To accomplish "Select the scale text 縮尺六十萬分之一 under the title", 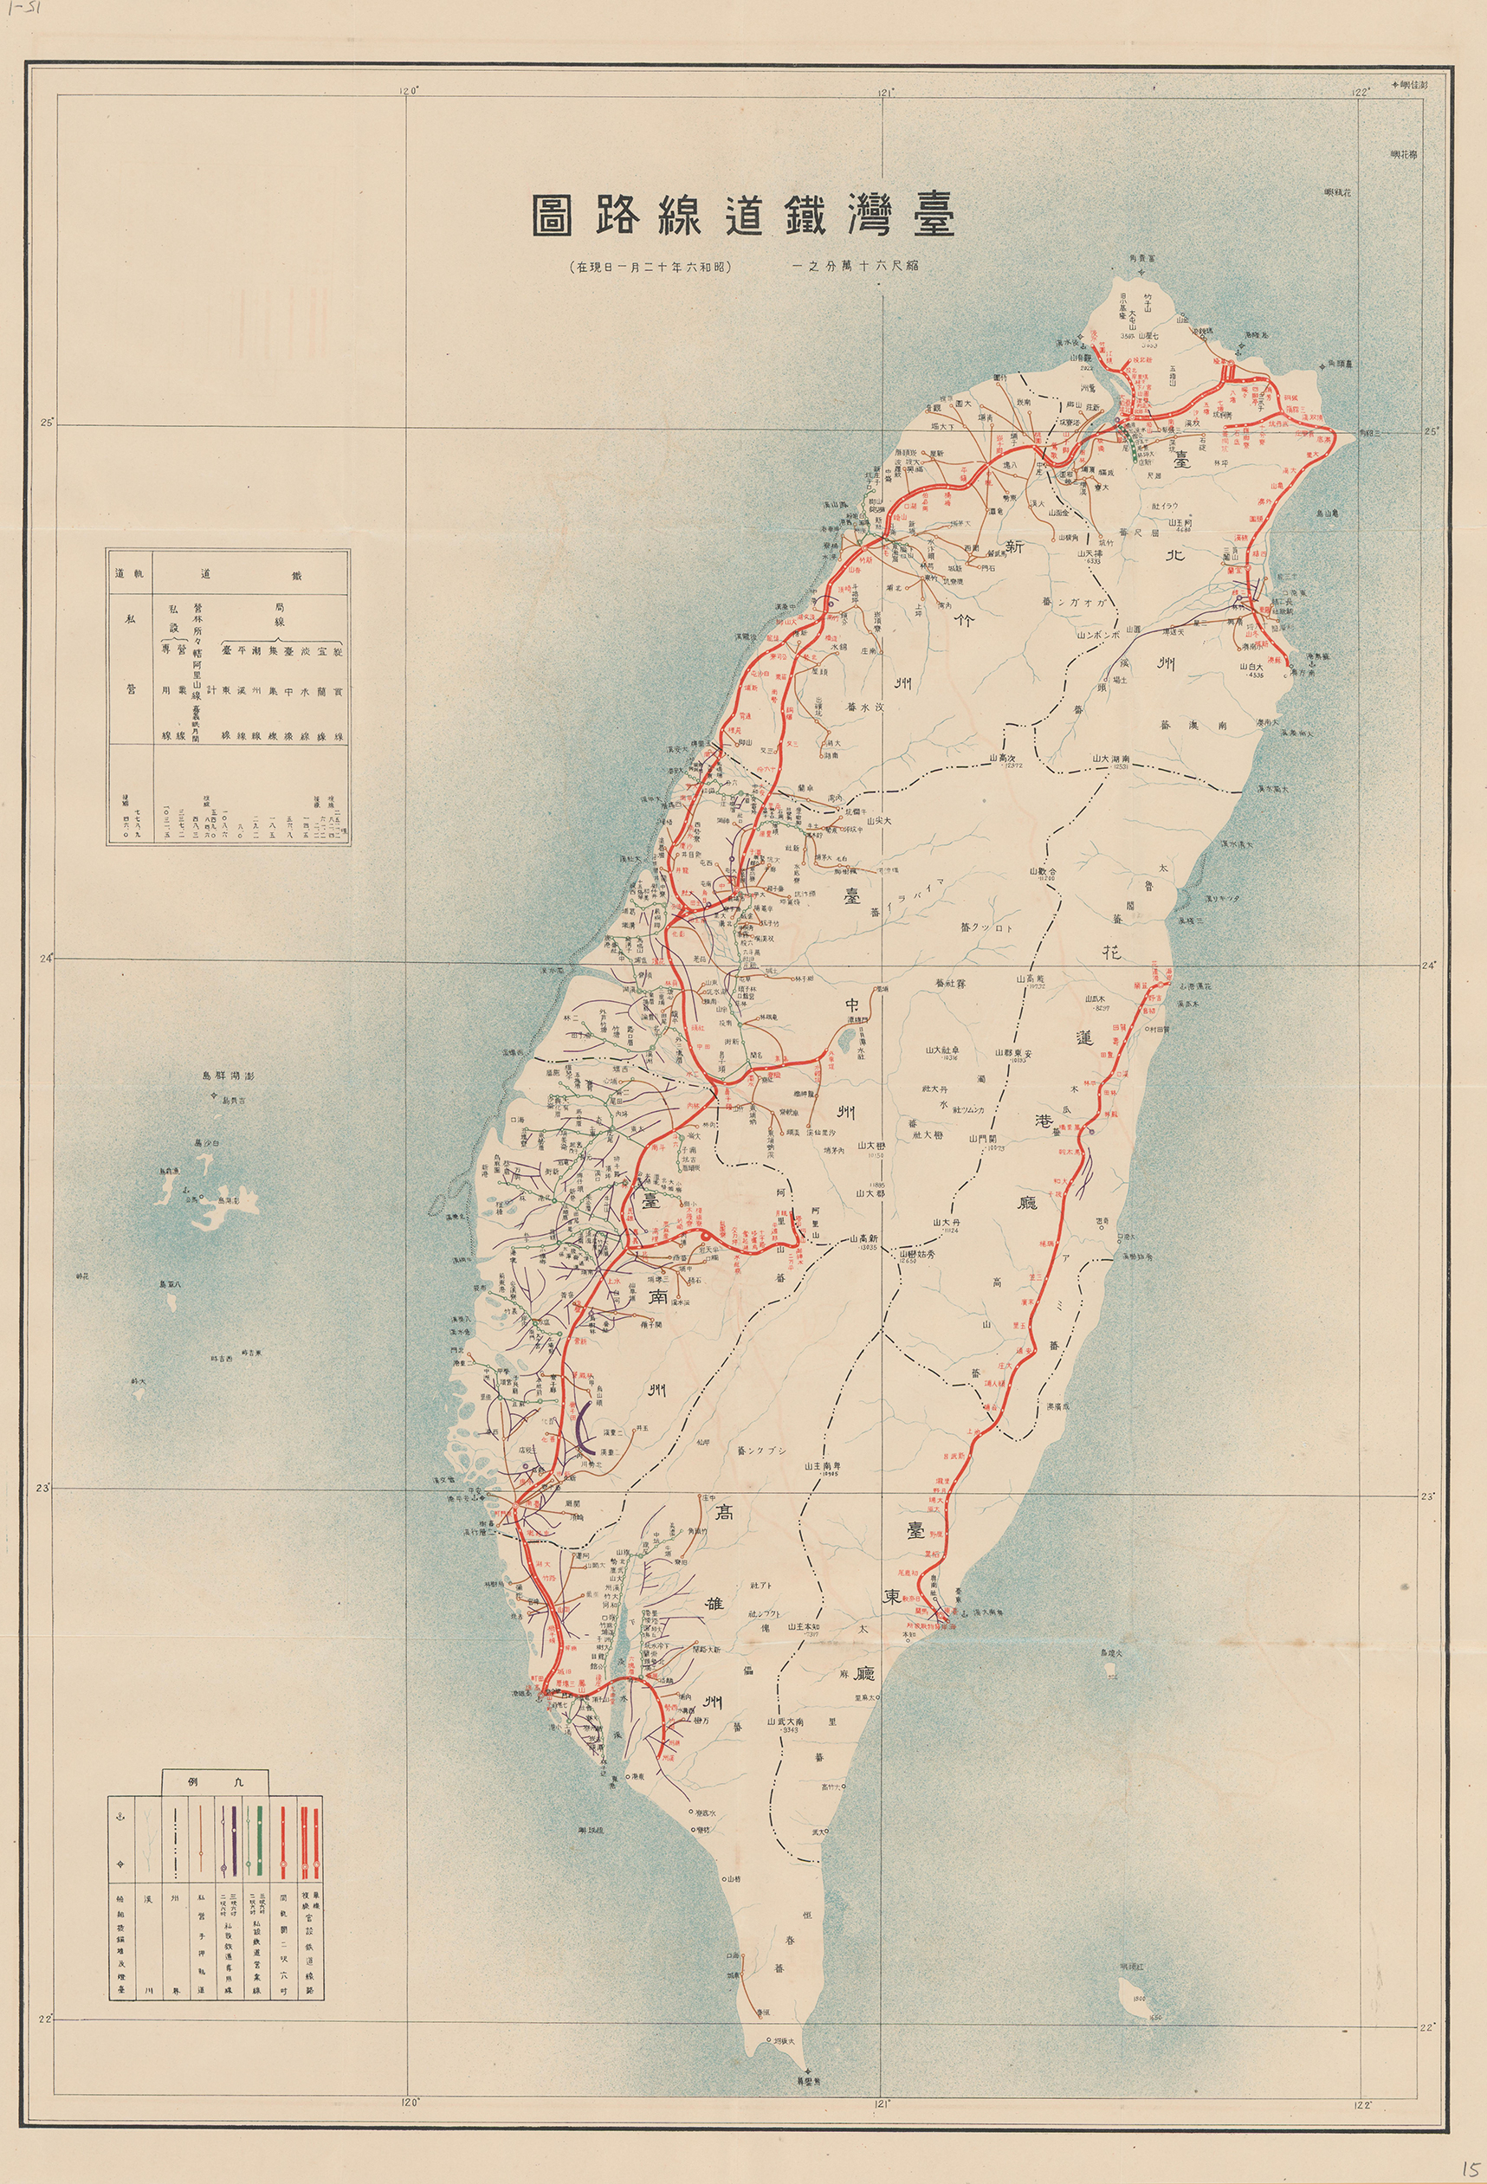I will pos(856,267).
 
